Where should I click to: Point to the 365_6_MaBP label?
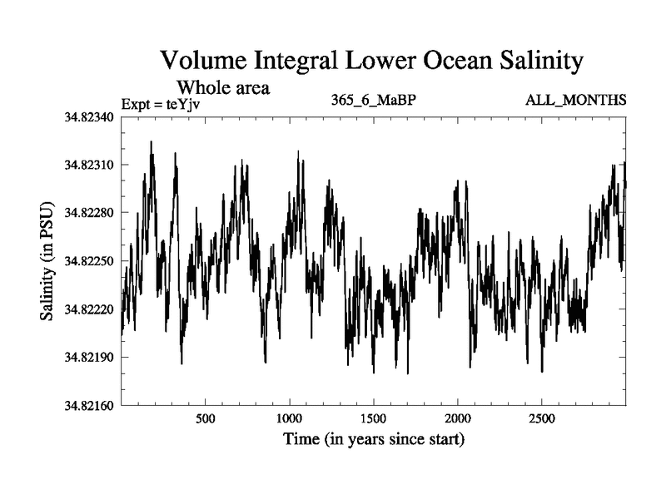[373, 101]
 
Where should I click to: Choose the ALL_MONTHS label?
[575, 101]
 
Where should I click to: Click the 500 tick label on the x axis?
[205, 418]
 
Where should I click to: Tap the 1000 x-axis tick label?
[289, 418]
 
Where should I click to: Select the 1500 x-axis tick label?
[373, 418]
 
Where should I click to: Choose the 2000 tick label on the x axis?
[457, 418]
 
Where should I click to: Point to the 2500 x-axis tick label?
[541, 418]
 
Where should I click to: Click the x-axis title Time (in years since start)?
[373, 438]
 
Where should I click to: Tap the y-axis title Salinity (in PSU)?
[48, 261]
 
